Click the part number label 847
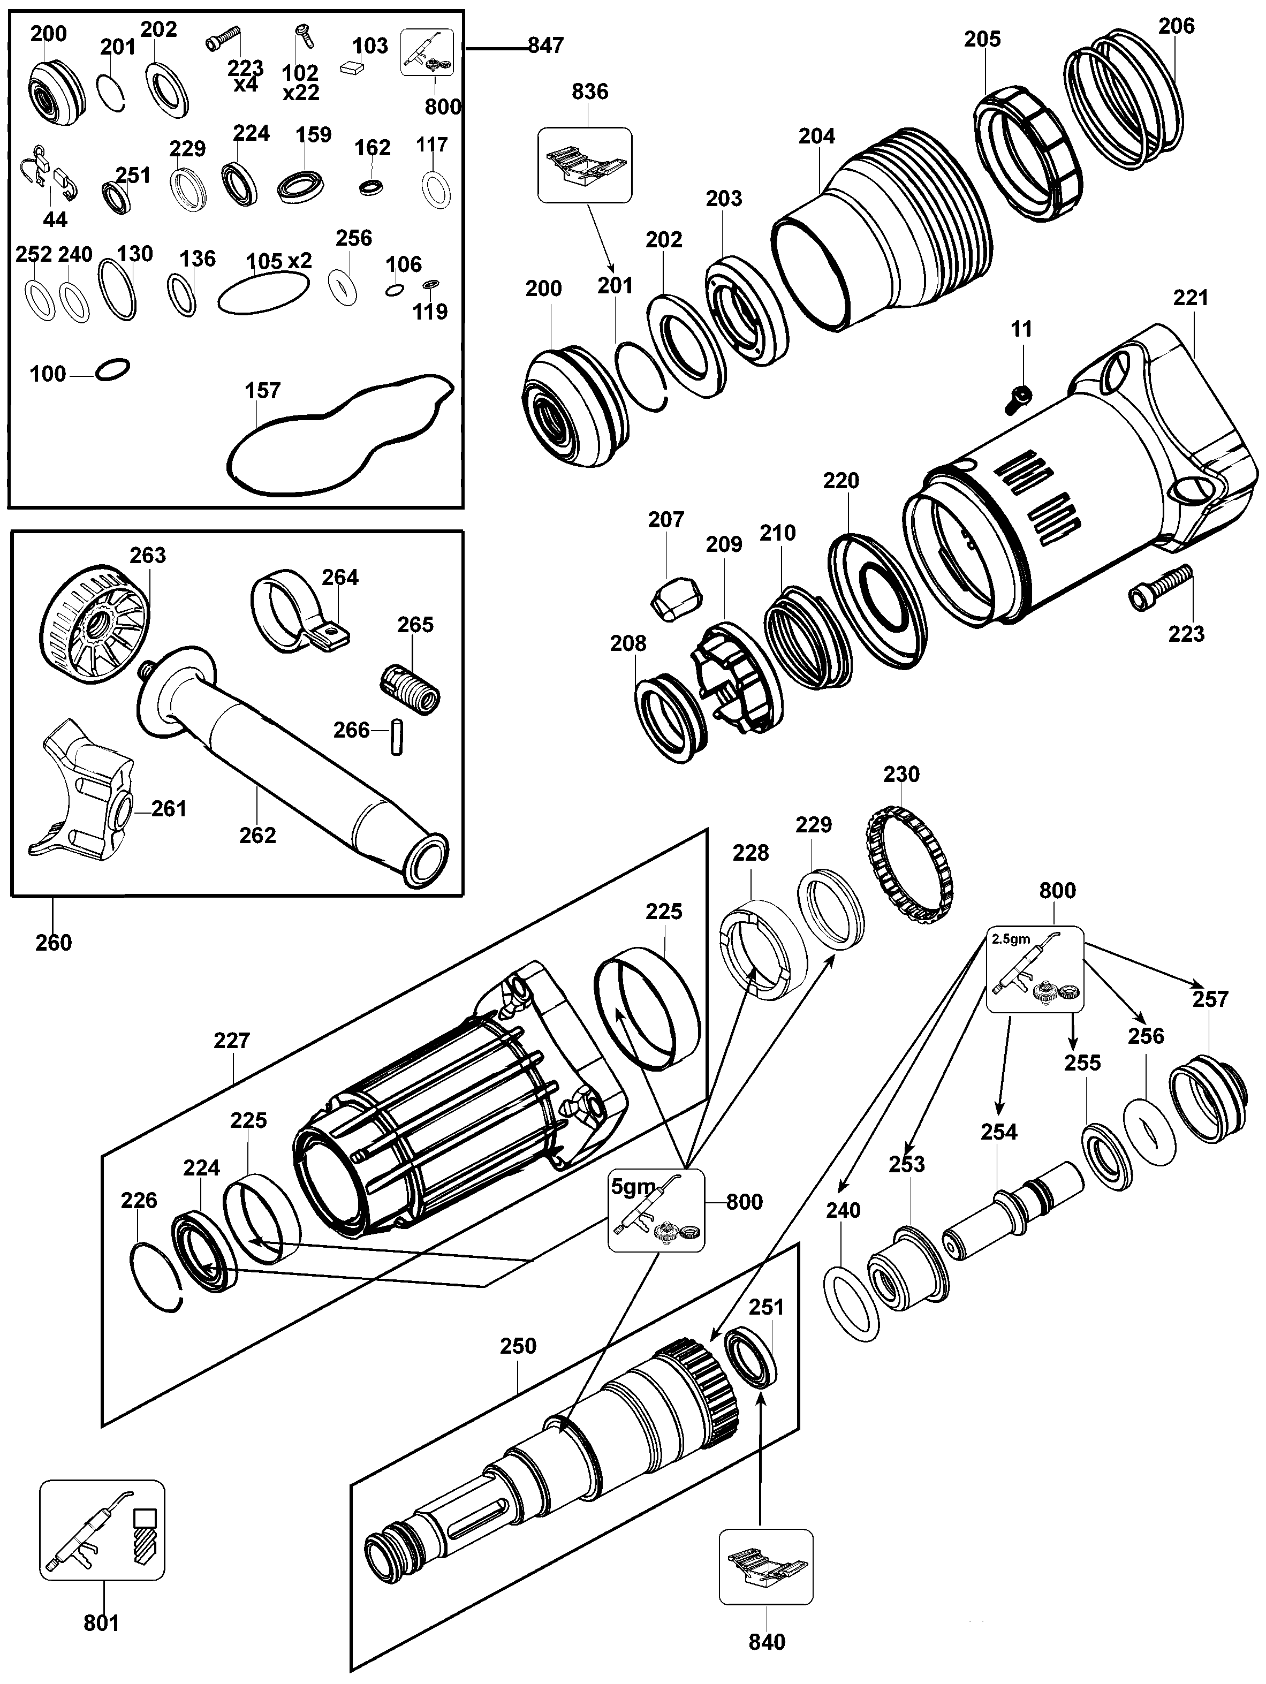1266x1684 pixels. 546,45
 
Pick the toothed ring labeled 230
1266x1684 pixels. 911,867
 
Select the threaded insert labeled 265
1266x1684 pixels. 410,687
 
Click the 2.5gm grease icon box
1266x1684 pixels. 1035,969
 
